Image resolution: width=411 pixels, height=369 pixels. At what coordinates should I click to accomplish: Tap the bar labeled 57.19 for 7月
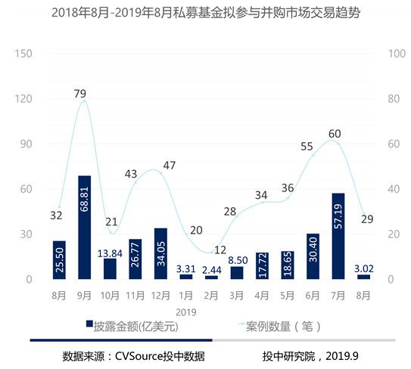[338, 236]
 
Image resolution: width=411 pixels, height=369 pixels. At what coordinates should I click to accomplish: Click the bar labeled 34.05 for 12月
[160, 253]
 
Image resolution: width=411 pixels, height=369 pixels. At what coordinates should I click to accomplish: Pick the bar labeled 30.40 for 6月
[313, 256]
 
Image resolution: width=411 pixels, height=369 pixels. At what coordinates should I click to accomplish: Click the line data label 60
[335, 134]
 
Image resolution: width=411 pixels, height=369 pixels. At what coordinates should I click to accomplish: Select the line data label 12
[220, 250]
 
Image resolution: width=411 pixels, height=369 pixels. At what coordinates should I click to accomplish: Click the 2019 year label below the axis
[186, 311]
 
